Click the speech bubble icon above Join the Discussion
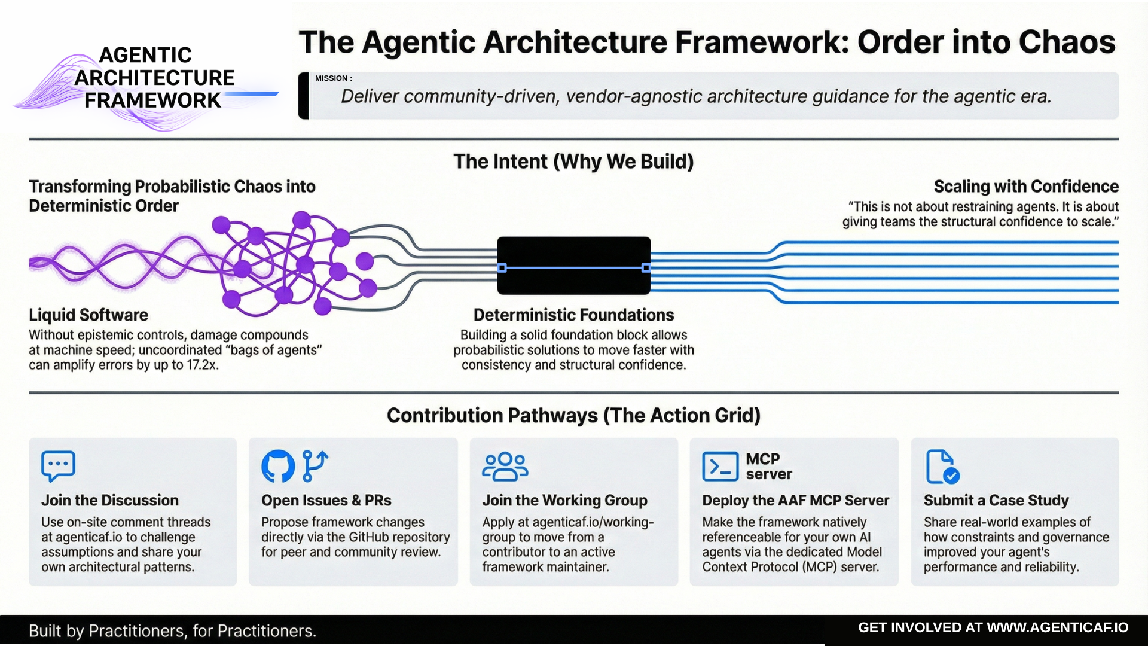tap(58, 465)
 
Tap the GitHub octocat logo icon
tap(278, 466)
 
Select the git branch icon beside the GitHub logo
tap(315, 465)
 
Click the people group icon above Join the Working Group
tap(505, 467)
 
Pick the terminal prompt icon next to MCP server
tap(720, 467)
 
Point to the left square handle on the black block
tap(502, 268)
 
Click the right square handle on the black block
tap(646, 268)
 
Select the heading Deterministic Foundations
tap(573, 315)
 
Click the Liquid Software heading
tap(88, 315)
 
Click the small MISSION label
tap(333, 78)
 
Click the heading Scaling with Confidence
tap(1026, 187)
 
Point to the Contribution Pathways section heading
tap(573, 416)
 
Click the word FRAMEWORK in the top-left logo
tap(152, 100)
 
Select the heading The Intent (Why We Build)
tap(573, 161)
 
